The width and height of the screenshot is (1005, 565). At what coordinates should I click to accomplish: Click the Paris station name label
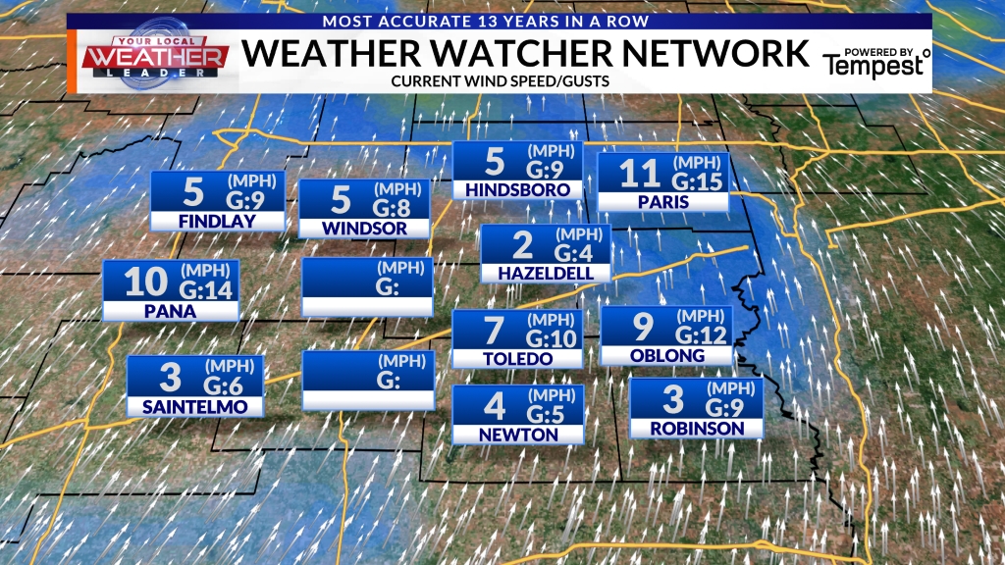[662, 202]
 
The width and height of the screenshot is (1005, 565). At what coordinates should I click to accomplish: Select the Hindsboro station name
[517, 188]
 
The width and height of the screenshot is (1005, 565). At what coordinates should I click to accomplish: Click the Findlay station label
[217, 221]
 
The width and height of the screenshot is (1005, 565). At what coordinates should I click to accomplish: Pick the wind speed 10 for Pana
[147, 282]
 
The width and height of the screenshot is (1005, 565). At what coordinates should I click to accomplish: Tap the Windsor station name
[364, 229]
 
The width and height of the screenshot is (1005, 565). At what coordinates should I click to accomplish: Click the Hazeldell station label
[545, 272]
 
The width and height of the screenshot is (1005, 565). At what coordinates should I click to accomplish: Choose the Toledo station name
[517, 358]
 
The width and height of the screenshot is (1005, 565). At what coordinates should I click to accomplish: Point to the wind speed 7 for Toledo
[494, 331]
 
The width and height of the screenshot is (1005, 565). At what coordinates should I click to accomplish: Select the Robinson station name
[696, 428]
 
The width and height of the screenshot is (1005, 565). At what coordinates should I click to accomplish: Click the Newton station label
[518, 434]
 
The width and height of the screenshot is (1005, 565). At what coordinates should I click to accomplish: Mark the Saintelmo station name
[195, 406]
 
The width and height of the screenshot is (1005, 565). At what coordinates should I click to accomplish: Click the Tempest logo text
[874, 65]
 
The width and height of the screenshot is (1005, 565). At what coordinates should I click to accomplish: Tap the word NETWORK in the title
[715, 52]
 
